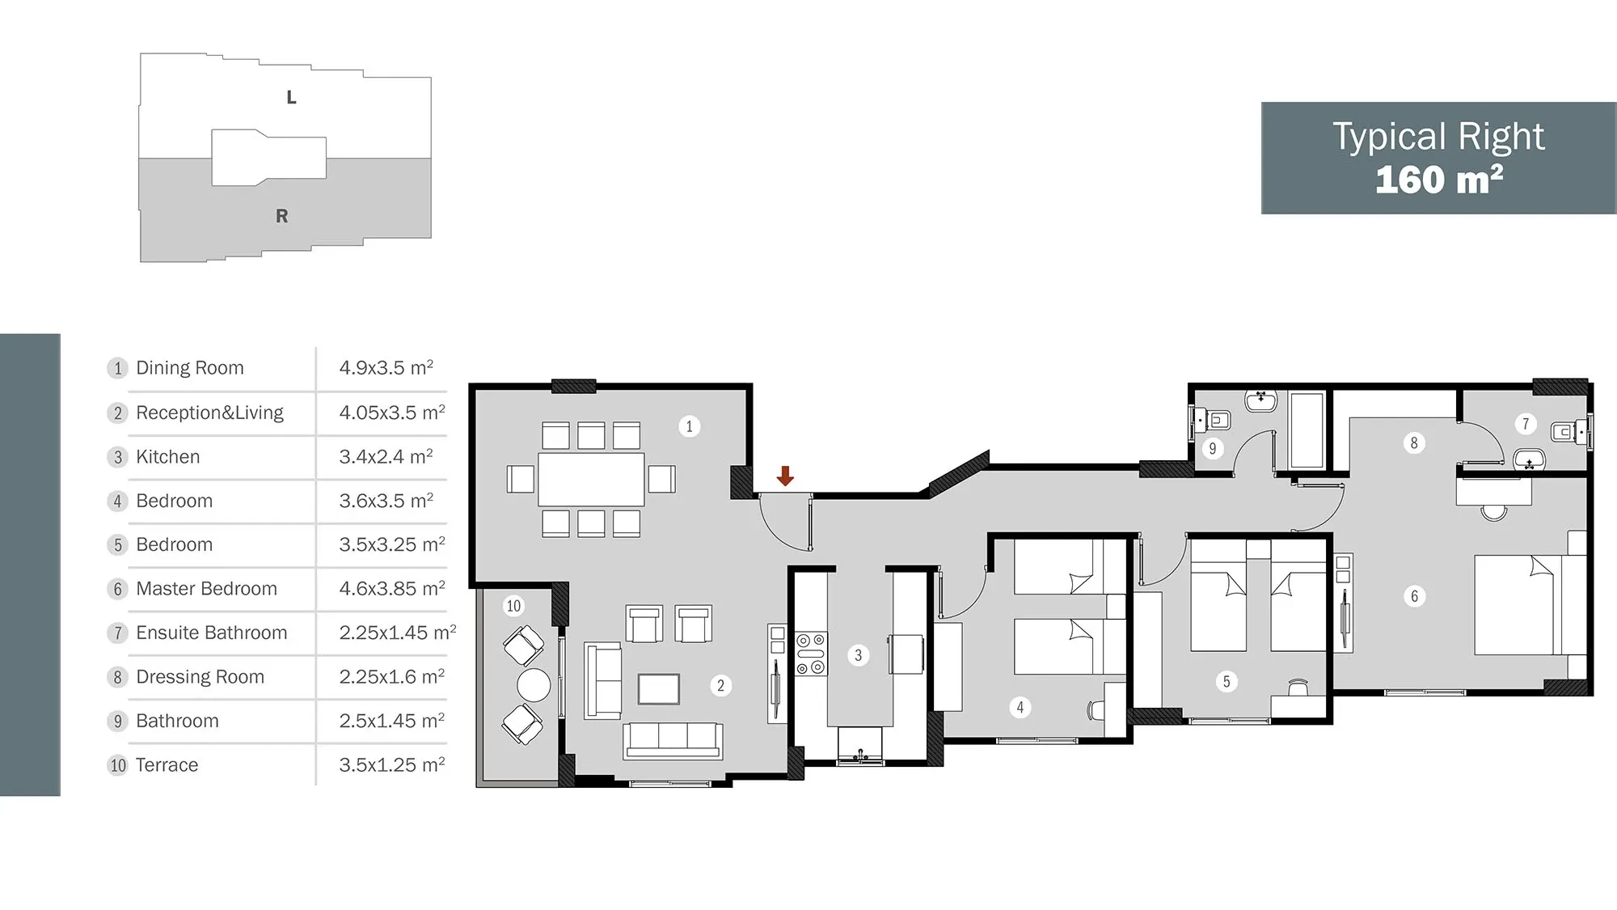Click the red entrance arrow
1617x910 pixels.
click(785, 476)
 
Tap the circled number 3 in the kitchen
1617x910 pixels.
click(859, 655)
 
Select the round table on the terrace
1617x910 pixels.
click(534, 685)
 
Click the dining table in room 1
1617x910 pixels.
click(591, 479)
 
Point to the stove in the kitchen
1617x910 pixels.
click(811, 654)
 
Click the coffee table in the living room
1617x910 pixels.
click(659, 689)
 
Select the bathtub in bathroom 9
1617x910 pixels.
click(1307, 430)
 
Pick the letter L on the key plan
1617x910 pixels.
click(291, 98)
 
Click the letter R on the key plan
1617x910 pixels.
click(281, 216)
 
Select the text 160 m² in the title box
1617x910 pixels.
click(1439, 180)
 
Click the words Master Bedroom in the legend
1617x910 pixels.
click(206, 589)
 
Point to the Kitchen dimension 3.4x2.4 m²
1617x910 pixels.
click(386, 456)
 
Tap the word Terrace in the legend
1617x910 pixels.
click(167, 765)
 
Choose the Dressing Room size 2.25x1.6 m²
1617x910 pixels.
click(392, 676)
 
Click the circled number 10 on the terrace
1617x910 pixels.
click(513, 606)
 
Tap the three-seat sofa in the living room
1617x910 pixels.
click(673, 740)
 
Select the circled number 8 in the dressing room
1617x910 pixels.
click(1414, 443)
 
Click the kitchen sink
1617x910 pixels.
click(860, 744)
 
